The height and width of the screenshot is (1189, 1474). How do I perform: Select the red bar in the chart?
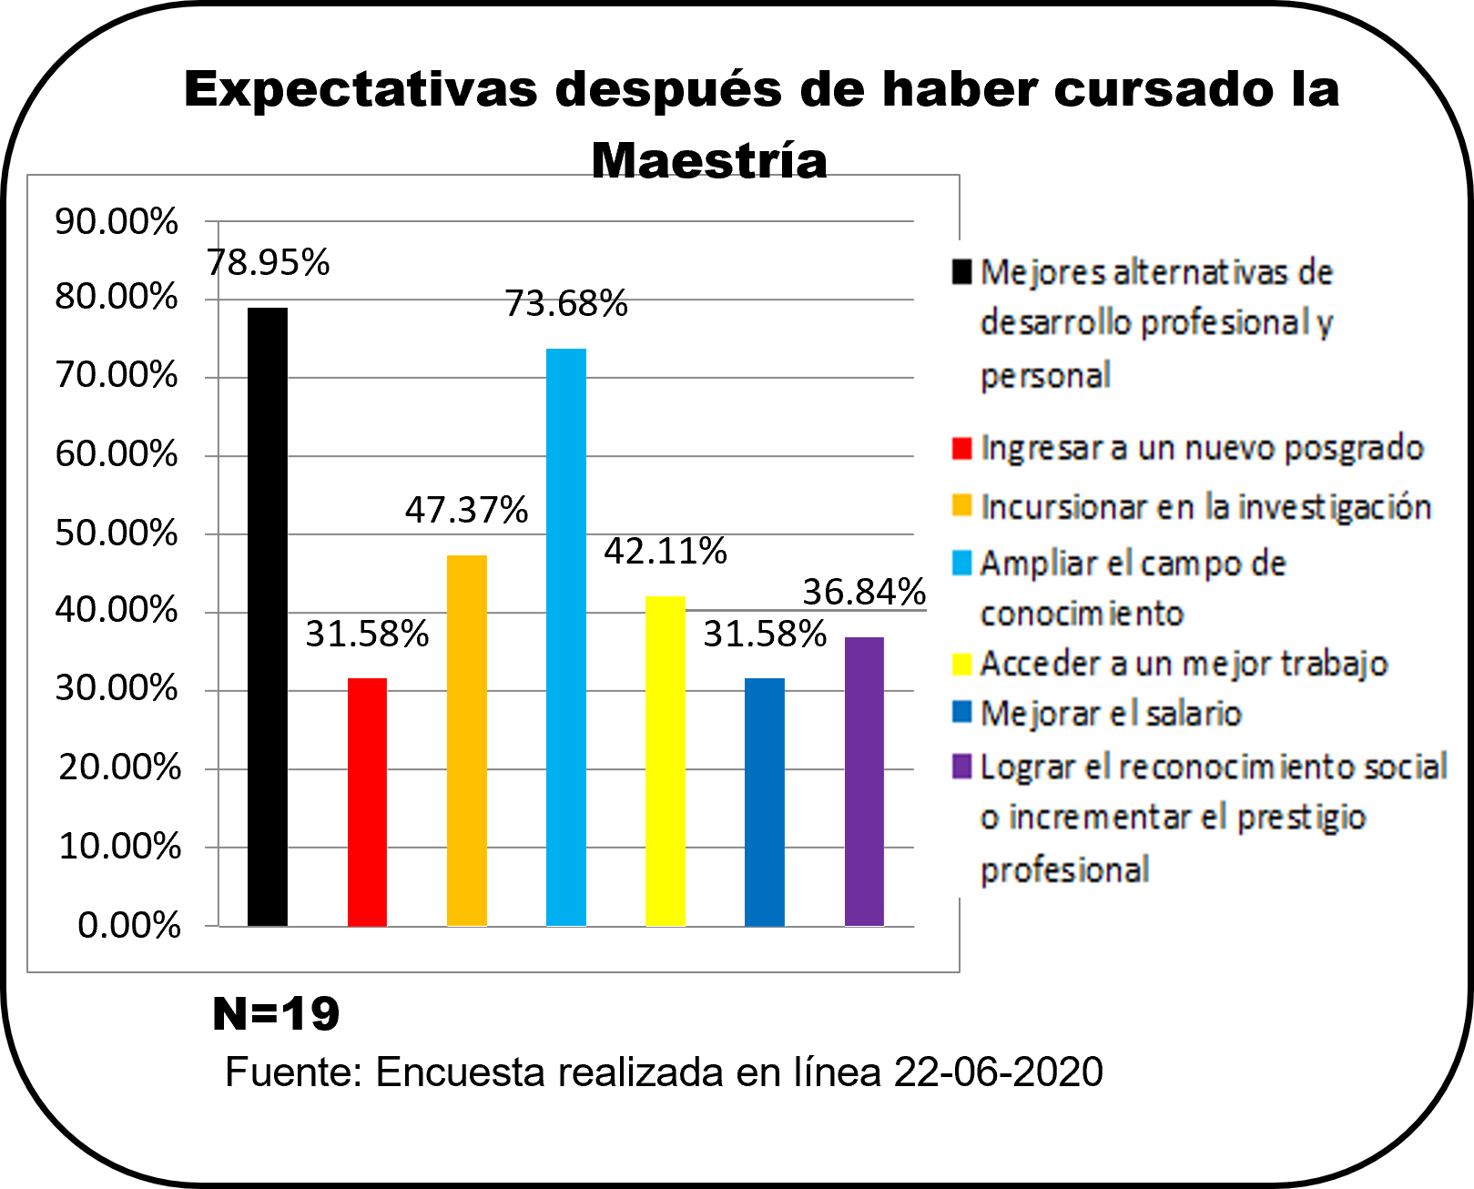coord(367,801)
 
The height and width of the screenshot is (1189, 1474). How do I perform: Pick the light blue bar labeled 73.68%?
coord(566,637)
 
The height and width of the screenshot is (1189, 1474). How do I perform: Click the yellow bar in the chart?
coord(666,761)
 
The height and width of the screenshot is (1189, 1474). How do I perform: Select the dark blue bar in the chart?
coord(765,801)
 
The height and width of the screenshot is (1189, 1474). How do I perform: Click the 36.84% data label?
coord(864,592)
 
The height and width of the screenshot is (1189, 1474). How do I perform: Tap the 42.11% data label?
coord(666,551)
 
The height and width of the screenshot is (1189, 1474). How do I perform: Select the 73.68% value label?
coord(566,303)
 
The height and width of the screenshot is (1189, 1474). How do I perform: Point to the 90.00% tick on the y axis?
coord(117,221)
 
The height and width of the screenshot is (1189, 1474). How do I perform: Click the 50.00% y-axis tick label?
coord(117,533)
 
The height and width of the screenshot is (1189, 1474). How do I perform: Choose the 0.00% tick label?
coord(128,925)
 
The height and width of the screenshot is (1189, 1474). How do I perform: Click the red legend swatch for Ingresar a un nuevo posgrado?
coord(961,448)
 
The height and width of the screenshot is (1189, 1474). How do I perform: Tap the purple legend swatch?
coord(961,767)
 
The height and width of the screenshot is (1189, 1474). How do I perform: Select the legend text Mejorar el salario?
coord(1111,713)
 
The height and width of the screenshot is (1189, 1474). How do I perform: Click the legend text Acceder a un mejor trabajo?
coord(1184,664)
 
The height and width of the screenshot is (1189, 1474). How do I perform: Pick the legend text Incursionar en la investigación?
coord(1206,506)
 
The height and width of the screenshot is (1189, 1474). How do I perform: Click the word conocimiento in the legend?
coord(1082,614)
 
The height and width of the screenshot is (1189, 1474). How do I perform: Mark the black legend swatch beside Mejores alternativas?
coord(961,271)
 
